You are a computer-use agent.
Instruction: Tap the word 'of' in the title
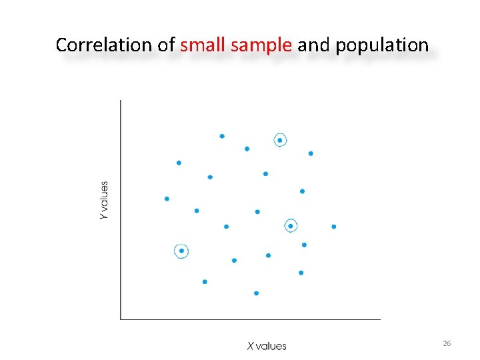(x=167, y=45)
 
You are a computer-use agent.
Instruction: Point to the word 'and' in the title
(x=314, y=45)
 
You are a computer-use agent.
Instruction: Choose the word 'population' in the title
(x=382, y=45)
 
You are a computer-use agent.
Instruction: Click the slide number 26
(x=447, y=343)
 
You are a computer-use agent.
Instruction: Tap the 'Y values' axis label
(x=104, y=201)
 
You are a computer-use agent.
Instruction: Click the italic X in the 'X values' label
(x=250, y=346)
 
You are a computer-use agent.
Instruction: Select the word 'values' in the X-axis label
(x=271, y=346)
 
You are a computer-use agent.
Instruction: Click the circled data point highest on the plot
(x=280, y=140)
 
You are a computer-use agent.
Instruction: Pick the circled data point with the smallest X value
(x=181, y=251)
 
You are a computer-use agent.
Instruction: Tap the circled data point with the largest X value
(x=291, y=226)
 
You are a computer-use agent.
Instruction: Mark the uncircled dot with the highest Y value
(x=222, y=136)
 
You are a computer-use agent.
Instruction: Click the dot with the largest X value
(x=334, y=227)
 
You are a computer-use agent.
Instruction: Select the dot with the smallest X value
(x=167, y=199)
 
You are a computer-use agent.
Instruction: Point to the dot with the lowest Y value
(x=256, y=293)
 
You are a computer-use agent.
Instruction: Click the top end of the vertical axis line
(x=121, y=101)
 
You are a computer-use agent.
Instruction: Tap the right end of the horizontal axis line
(x=379, y=319)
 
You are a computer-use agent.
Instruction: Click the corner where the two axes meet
(x=121, y=319)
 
